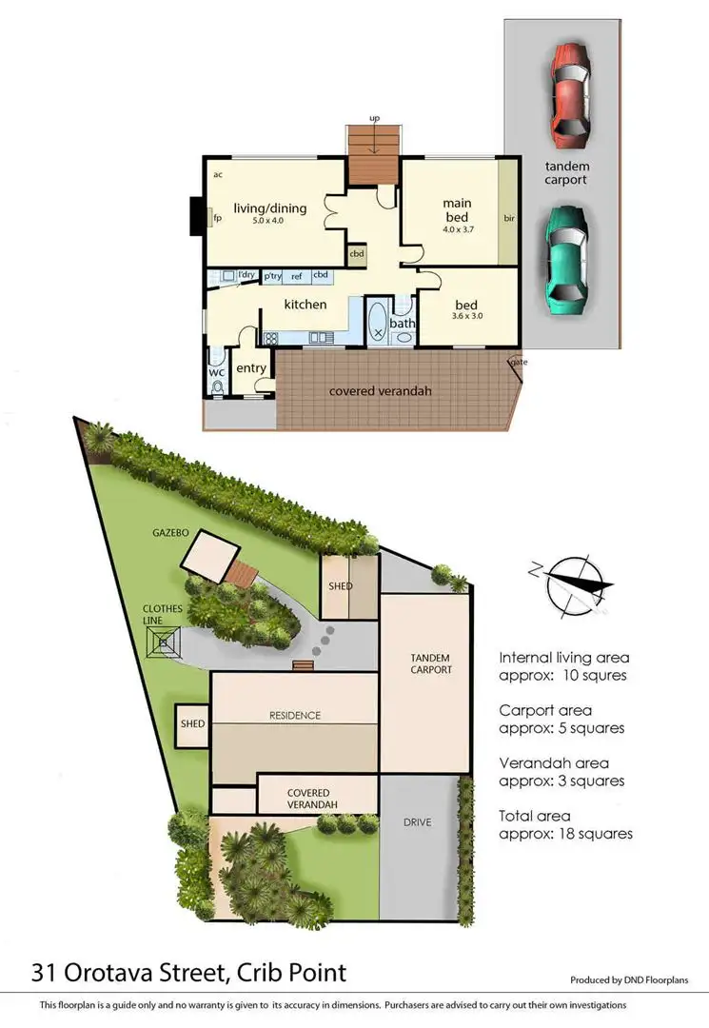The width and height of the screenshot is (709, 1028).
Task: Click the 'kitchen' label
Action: [x=305, y=305]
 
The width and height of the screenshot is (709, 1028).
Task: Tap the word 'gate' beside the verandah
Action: [x=518, y=362]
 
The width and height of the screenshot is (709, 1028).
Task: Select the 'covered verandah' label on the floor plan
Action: [x=376, y=390]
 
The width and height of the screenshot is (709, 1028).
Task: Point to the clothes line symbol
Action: [x=167, y=643]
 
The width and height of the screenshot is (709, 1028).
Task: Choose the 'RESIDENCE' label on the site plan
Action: [x=294, y=715]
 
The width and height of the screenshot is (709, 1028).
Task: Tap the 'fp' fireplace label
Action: [x=217, y=218]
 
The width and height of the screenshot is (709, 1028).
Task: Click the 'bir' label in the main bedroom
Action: [x=509, y=218]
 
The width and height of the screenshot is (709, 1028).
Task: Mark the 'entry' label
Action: [x=251, y=368]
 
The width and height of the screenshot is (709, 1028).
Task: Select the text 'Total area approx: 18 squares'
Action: [x=565, y=824]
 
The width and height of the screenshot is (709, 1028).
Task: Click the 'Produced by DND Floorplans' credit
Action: [x=628, y=979]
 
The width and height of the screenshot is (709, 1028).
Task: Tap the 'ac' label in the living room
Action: [x=218, y=174]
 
